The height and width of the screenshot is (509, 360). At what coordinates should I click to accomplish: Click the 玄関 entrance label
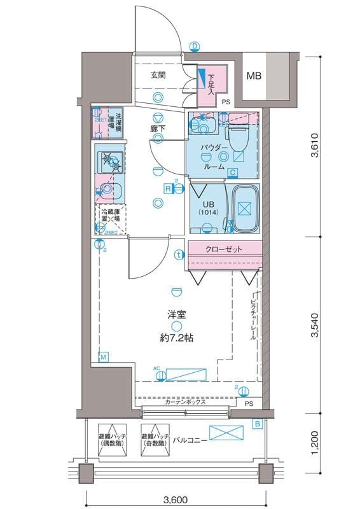click(x=159, y=76)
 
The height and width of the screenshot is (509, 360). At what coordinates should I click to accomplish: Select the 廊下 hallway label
click(x=158, y=129)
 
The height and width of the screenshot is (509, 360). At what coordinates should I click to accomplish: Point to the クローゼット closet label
click(x=224, y=249)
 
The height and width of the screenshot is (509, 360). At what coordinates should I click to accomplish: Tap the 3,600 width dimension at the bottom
click(x=174, y=499)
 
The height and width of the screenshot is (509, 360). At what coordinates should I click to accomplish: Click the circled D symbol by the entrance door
click(x=195, y=46)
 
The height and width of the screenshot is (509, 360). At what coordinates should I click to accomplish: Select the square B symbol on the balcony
click(x=257, y=424)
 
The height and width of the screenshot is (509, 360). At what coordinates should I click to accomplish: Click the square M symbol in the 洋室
click(x=102, y=358)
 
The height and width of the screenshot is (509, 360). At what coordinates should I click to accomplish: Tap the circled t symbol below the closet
click(x=179, y=254)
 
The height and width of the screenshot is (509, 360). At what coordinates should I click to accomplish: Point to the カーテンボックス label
click(x=184, y=403)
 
